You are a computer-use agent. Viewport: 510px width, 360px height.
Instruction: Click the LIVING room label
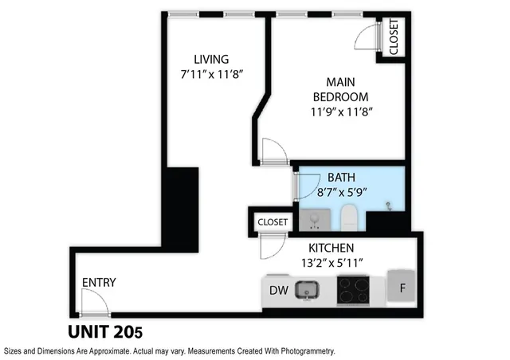pyautogui.click(x=211, y=59)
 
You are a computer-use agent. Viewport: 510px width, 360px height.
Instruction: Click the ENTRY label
pyautogui.click(x=99, y=283)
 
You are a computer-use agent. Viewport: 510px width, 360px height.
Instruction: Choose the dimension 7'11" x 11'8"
pyautogui.click(x=211, y=74)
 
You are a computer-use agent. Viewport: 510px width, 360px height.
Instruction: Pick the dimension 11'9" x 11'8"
pyautogui.click(x=342, y=112)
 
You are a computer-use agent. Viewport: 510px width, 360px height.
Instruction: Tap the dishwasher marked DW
pyautogui.click(x=278, y=290)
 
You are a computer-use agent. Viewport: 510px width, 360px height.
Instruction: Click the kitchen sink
pyautogui.click(x=307, y=291)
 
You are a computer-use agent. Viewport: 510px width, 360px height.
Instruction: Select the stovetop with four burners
pyautogui.click(x=353, y=291)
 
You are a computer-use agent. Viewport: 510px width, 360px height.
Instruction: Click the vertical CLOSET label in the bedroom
pyautogui.click(x=393, y=37)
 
